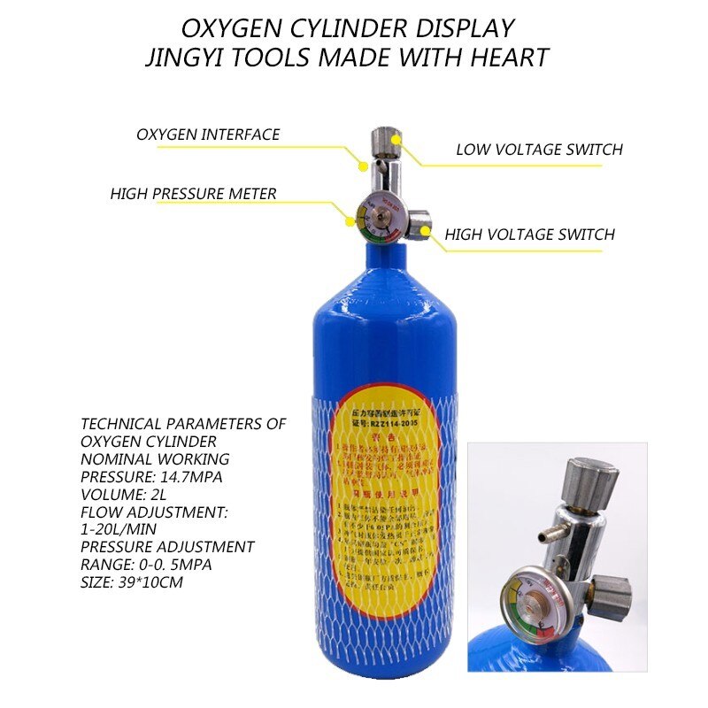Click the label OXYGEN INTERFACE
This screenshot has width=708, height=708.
208,135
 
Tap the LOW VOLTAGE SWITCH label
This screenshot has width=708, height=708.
539,150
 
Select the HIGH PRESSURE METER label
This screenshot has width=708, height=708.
193,194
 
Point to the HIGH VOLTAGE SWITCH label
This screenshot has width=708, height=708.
529,235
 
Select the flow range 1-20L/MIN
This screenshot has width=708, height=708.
120,529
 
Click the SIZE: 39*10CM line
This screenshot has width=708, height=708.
132,581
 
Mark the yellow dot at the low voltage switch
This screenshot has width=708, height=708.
396,139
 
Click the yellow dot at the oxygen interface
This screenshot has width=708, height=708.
361,165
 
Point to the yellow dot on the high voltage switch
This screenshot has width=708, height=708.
426,232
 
